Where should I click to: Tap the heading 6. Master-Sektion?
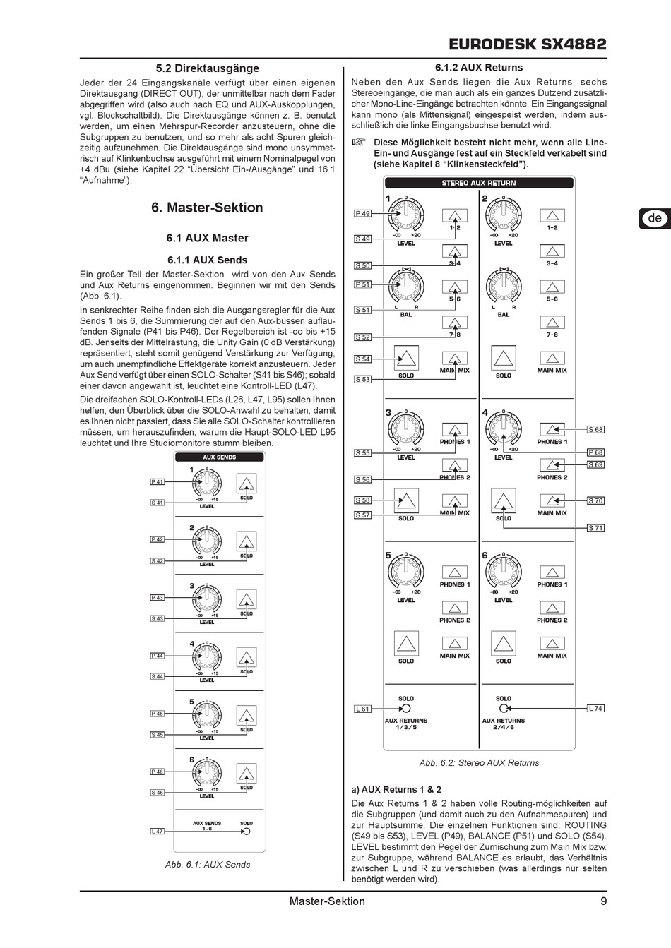coord(207,208)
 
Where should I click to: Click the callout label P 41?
coord(157,481)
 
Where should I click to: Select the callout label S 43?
coord(157,618)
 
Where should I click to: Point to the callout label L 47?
coord(157,831)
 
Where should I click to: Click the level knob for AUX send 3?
coord(207,600)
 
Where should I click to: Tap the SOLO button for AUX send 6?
coord(246,773)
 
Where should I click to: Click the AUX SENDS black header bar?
coord(220,457)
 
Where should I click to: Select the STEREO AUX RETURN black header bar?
coord(479,183)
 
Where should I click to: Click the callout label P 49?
coord(362,213)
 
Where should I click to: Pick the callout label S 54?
coord(362,359)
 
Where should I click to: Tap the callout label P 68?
coord(595,452)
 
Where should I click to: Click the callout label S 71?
coord(595,527)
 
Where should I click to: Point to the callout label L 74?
coord(595,708)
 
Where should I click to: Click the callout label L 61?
coord(362,709)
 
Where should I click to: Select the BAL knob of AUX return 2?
coord(503,287)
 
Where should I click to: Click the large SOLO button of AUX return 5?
coord(405,644)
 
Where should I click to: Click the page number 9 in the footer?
coord(603,901)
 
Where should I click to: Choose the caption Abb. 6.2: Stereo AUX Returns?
coord(479,762)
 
